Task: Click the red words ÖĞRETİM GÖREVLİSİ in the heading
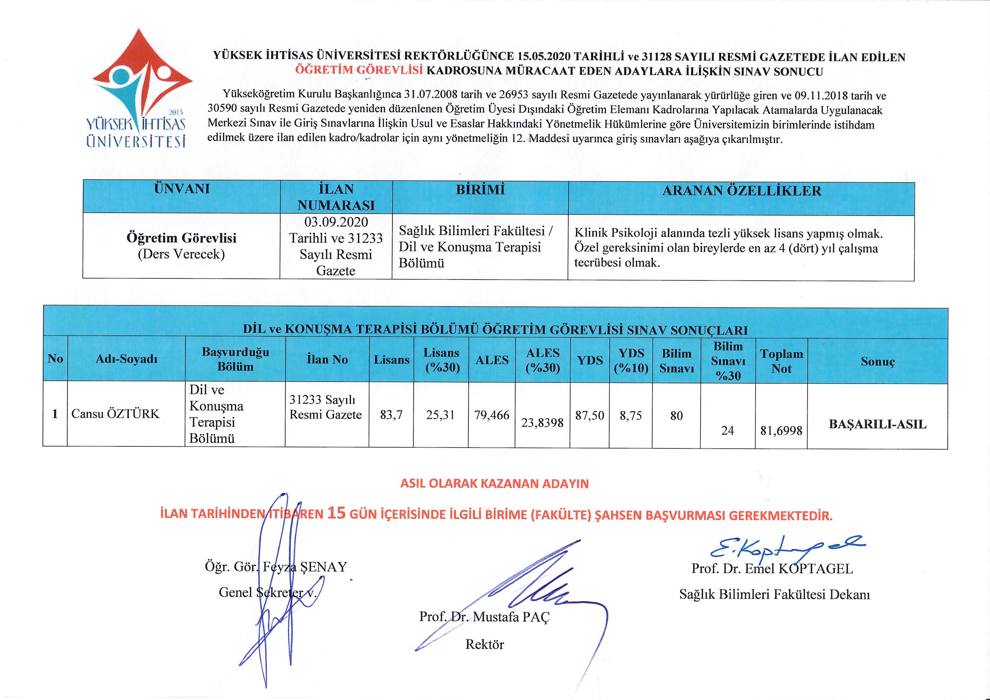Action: click(359, 70)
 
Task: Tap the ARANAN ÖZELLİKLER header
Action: click(741, 191)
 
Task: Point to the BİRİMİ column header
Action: click(480, 190)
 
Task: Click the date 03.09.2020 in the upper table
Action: click(336, 222)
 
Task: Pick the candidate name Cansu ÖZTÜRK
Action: click(115, 414)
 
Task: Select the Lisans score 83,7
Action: click(391, 415)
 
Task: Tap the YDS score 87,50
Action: click(589, 416)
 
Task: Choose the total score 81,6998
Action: click(781, 430)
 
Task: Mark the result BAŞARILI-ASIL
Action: click(877, 424)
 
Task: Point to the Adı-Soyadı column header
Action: click(126, 359)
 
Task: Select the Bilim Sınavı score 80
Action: click(676, 416)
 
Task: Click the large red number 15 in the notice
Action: click(336, 513)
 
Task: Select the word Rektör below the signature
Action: click(484, 644)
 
